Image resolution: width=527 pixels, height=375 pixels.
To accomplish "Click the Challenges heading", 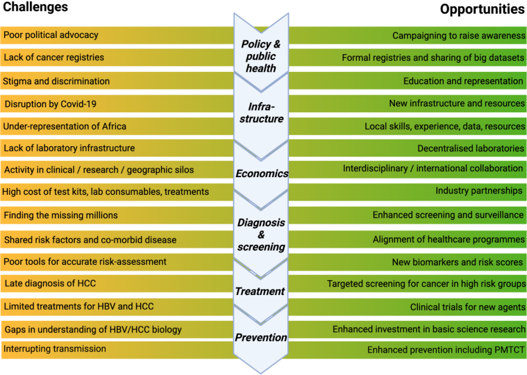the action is [35, 7].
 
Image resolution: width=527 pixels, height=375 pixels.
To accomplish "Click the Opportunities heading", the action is [482, 9].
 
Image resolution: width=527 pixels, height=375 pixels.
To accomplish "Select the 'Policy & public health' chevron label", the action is [261, 56].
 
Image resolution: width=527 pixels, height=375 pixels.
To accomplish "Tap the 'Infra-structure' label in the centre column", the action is [262, 112].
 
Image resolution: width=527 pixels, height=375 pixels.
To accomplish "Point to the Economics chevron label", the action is [262, 174].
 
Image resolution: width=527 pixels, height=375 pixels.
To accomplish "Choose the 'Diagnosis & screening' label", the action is [261, 234].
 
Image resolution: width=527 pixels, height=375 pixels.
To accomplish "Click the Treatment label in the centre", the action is [260, 291].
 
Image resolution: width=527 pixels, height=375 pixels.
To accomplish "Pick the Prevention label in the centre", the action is [261, 338].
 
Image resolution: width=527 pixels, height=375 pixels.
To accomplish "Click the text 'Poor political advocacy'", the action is [51, 35].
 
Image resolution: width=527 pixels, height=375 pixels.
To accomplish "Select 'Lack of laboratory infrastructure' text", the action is [69, 148].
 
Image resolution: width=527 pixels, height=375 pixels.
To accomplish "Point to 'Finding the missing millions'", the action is [61, 215].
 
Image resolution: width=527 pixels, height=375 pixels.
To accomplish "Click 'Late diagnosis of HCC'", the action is [50, 283].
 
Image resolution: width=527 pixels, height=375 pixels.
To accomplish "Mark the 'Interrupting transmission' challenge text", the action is [55, 349].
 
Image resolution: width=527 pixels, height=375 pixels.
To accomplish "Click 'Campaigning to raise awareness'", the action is [459, 35].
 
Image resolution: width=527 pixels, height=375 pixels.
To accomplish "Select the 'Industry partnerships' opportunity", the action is [479, 191].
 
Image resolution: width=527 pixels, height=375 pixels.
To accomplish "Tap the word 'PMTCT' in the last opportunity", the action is [509, 350].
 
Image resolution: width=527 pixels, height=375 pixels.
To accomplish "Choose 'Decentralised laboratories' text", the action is [470, 148].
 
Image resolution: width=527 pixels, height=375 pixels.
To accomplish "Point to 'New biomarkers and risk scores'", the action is [458, 262].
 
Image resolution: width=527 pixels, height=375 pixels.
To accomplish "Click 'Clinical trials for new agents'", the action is [467, 307].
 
